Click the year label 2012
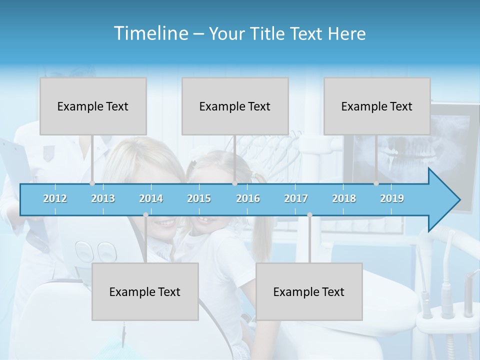(55, 198)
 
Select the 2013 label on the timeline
(103, 198)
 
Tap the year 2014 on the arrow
(151, 198)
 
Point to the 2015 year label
(199, 198)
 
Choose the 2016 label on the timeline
(248, 198)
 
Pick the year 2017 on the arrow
(296, 198)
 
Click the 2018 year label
(344, 198)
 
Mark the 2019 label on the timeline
(392, 198)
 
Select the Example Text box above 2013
(93, 106)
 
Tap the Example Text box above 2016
(235, 106)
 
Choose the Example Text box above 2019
(377, 106)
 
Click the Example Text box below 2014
(145, 292)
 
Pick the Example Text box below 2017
(309, 292)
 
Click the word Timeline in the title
(150, 33)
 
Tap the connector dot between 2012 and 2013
(92, 183)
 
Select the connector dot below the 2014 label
(145, 214)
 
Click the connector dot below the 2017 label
(309, 214)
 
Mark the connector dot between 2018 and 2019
(376, 183)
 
